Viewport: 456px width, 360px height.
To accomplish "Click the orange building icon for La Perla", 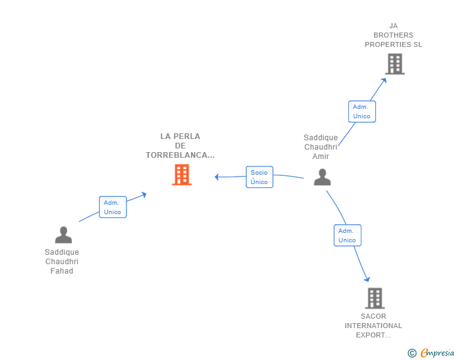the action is click(182, 175).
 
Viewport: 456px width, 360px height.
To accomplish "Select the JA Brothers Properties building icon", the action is click(395, 64).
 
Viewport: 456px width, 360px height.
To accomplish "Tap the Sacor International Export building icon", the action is click(375, 298).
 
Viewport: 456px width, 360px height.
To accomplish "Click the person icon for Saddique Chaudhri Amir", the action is click(322, 177).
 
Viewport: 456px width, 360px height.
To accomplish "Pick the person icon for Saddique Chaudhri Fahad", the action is click(63, 235).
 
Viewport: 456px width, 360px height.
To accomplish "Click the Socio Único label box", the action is click(259, 177).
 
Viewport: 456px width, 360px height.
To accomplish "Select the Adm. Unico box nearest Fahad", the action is click(113, 207).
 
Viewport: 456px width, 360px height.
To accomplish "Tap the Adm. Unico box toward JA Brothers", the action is click(362, 111).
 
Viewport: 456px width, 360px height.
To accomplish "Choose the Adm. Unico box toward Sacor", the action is click(348, 235).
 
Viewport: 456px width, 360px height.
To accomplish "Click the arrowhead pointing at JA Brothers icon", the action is click(384, 81).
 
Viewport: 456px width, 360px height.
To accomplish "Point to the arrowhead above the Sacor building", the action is click(368, 279).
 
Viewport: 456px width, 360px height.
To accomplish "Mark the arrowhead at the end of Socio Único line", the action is click(217, 177).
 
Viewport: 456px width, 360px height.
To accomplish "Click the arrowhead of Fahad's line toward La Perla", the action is click(143, 195).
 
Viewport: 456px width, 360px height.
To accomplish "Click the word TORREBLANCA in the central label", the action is click(177, 155).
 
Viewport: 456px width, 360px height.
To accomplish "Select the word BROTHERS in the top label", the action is click(393, 35).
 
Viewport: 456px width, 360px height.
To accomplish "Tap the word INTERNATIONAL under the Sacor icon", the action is click(373, 326).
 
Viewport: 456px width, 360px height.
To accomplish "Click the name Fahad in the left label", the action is click(61, 271).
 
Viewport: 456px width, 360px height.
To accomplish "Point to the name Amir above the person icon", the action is click(321, 157).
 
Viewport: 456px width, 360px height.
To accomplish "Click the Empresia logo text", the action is click(437, 353).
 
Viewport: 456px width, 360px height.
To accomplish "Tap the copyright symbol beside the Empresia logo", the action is click(412, 353).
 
